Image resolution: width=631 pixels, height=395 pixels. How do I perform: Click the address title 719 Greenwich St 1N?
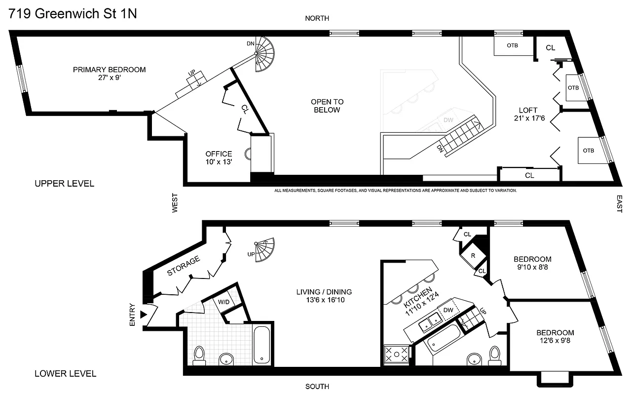[73, 13]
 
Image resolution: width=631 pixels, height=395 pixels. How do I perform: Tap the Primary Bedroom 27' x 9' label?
[109, 74]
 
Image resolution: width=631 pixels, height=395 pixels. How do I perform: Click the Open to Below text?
[327, 106]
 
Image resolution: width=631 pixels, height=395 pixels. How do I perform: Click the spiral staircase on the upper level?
[267, 55]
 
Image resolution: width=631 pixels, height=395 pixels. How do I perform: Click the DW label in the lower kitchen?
[448, 310]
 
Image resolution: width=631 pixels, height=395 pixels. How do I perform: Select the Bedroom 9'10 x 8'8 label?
[532, 263]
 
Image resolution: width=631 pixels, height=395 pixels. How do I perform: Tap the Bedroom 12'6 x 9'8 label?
[555, 336]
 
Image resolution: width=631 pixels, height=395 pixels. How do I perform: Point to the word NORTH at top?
[317, 18]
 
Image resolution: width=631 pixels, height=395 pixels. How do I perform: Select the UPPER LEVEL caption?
[64, 184]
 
